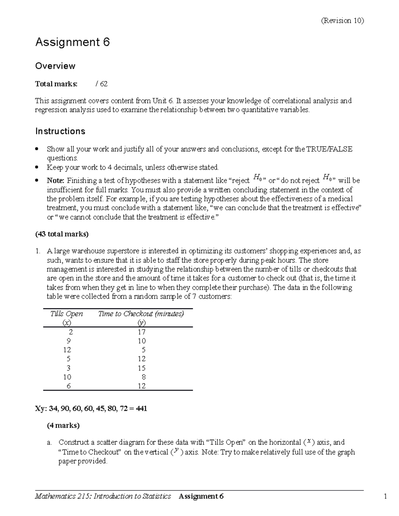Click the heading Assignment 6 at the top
click(x=72, y=42)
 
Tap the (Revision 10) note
click(x=342, y=21)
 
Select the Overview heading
click(x=55, y=66)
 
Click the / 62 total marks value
click(x=101, y=84)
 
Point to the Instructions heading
click(x=60, y=131)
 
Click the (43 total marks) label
click(x=62, y=234)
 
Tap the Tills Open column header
click(x=66, y=314)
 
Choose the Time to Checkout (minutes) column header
click(x=141, y=314)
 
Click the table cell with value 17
click(x=142, y=332)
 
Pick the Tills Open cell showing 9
click(x=68, y=341)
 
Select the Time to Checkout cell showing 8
click(x=143, y=377)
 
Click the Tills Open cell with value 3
click(x=68, y=368)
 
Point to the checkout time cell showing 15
click(x=142, y=368)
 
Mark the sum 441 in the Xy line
click(x=141, y=408)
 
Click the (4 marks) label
click(x=63, y=425)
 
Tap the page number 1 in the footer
click(x=385, y=496)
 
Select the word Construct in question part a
click(x=73, y=442)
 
